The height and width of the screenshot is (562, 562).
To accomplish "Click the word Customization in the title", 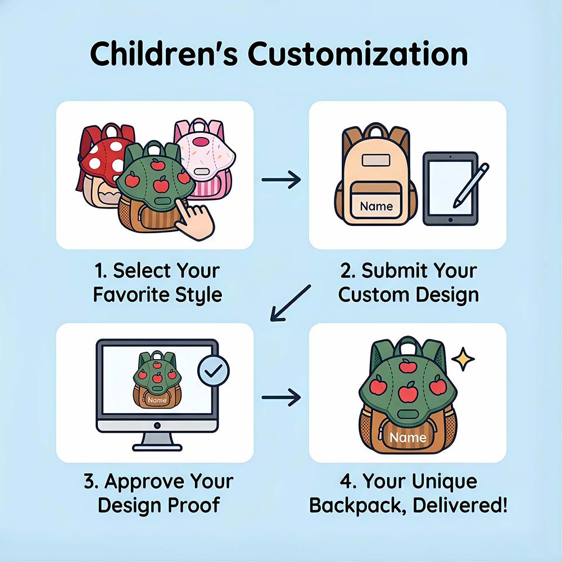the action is (x=357, y=54).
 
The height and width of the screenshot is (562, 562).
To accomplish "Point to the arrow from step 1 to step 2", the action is (x=281, y=180).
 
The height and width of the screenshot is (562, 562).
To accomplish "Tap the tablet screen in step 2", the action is (x=450, y=188).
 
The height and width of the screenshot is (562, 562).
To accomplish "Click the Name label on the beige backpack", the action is (x=377, y=206).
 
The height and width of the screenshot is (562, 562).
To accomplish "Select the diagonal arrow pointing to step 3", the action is (x=291, y=303).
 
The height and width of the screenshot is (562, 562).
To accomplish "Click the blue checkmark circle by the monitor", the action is (x=214, y=370).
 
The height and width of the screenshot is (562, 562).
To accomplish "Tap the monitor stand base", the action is (x=157, y=447).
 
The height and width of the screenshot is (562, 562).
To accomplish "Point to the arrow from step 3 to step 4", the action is (x=281, y=397).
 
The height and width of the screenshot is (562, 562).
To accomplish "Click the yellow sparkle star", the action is (x=463, y=359).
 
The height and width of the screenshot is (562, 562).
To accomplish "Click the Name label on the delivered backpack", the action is (x=408, y=437).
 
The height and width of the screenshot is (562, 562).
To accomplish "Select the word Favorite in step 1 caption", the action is (x=131, y=294).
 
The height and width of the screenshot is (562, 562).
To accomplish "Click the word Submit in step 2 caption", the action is (x=391, y=271).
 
